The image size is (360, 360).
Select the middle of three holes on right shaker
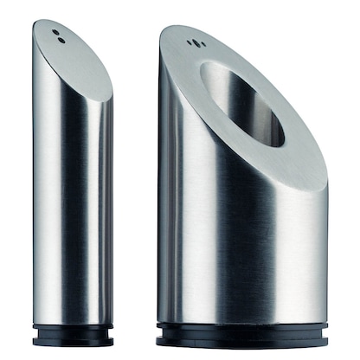pos(192,43)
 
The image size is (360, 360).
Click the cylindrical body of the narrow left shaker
pos(69,208)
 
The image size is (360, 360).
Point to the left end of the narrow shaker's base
pos(33,332)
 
